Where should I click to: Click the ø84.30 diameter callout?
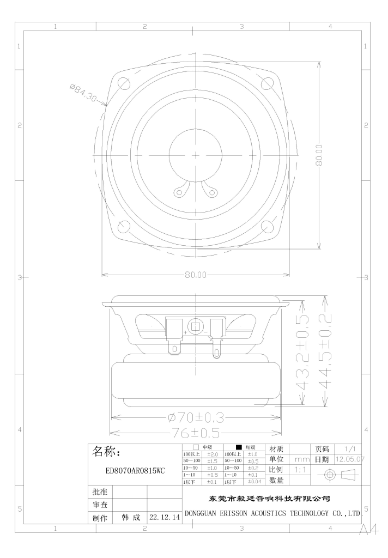click(x=83, y=92)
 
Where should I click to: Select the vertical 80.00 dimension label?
click(x=319, y=155)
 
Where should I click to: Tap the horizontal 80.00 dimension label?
click(x=196, y=275)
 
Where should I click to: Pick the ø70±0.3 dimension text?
click(x=196, y=417)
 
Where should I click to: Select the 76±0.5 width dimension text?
click(x=196, y=433)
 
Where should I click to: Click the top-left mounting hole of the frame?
click(x=125, y=84)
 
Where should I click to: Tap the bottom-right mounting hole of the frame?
click(x=267, y=226)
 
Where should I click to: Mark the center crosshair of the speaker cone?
click(x=196, y=155)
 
